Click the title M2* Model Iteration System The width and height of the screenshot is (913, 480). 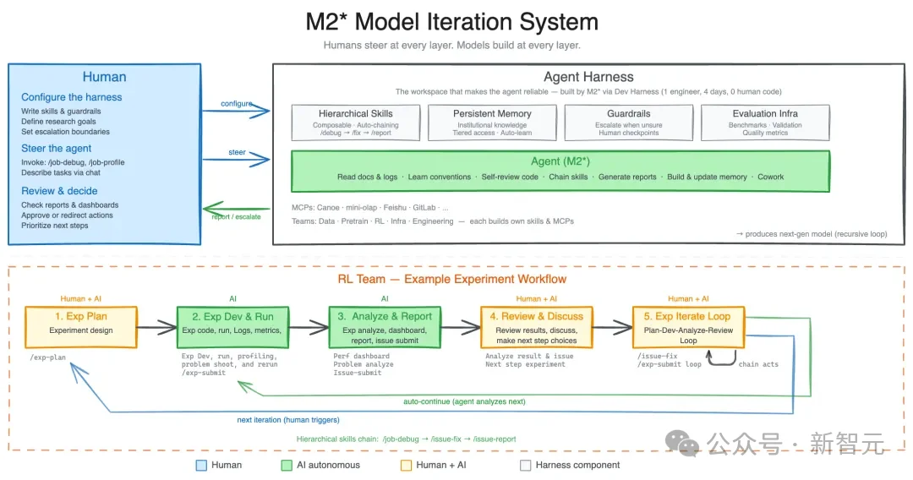point(451,22)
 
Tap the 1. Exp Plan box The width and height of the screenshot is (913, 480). point(81,326)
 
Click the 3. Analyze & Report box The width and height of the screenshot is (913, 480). point(385,326)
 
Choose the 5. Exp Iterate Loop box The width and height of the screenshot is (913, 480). point(689,326)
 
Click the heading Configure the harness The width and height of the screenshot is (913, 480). point(72,97)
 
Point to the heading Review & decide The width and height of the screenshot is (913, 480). point(59,191)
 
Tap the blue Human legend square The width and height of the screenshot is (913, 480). point(200,465)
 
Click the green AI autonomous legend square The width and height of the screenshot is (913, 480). point(287,465)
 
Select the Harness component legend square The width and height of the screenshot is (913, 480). point(526,465)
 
